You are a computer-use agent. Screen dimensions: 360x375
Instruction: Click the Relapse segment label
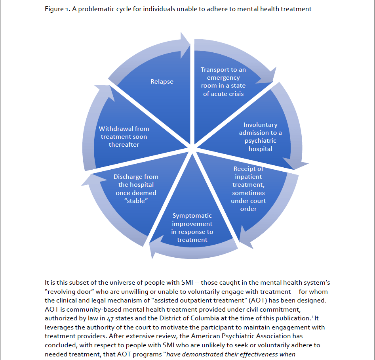[162, 82]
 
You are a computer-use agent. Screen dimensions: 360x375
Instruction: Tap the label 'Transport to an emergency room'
[223, 82]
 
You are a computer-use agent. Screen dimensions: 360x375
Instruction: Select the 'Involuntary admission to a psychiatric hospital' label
[261, 137]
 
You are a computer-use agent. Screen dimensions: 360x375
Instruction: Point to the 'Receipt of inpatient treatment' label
[249, 189]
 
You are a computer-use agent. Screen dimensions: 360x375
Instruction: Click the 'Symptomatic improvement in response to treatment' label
[192, 228]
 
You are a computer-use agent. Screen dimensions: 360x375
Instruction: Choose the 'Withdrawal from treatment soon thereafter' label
[124, 136]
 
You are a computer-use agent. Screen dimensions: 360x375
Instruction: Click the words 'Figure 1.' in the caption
[57, 9]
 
